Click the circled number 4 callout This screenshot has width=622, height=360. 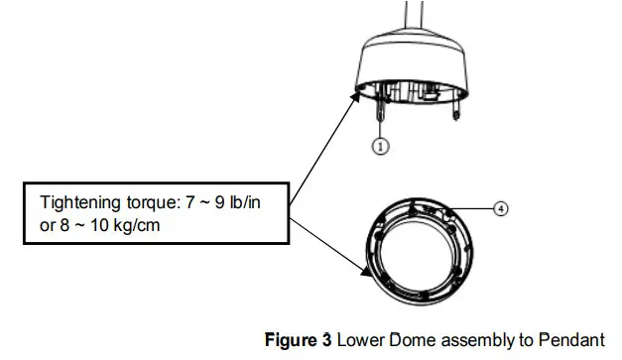pos(501,209)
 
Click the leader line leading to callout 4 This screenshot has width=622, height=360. pos(476,208)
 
